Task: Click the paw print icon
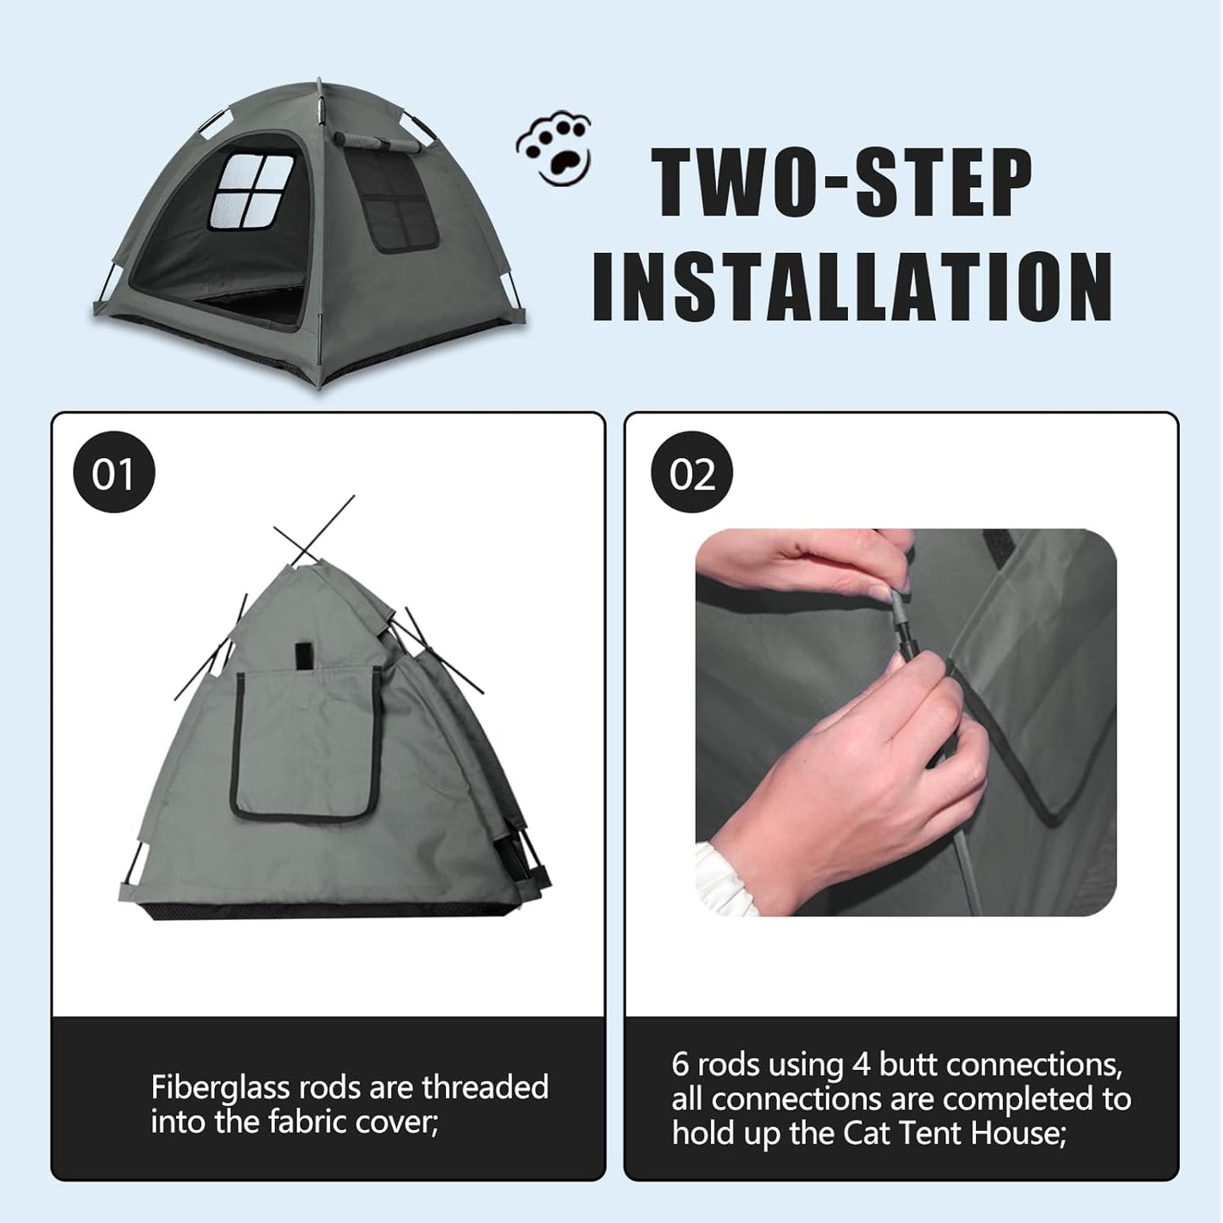coord(554,150)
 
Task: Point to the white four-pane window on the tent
coord(252,190)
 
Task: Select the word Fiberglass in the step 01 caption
coord(223,1088)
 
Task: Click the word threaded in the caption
coord(485,1088)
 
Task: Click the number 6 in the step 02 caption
coord(680,1065)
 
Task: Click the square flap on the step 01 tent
coord(306,745)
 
